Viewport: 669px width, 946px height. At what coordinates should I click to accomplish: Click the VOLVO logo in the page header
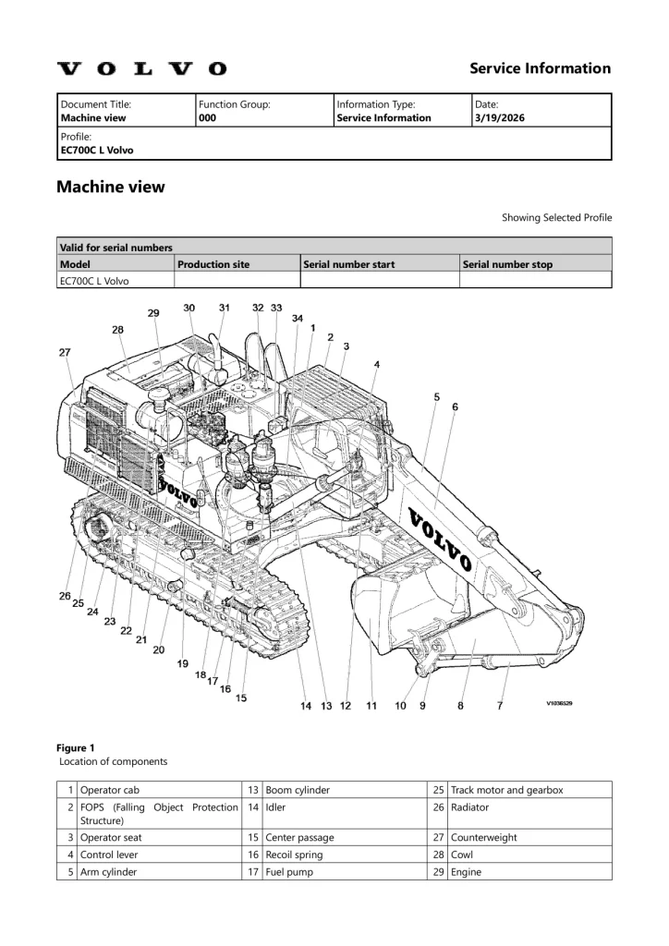(141, 68)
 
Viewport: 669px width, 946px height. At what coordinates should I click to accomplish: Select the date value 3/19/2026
(497, 118)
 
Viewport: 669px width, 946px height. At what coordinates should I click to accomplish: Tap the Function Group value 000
(207, 118)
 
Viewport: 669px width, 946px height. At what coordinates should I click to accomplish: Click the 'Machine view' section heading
(111, 187)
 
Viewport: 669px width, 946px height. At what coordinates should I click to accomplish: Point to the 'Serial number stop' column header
(507, 264)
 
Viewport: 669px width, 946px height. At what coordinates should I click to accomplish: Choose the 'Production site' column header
(213, 264)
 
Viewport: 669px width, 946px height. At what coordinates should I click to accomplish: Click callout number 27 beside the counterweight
(65, 352)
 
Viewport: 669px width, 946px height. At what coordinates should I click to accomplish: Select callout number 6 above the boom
(455, 406)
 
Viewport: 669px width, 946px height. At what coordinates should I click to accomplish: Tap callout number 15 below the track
(241, 697)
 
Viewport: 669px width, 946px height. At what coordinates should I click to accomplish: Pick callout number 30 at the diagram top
(189, 308)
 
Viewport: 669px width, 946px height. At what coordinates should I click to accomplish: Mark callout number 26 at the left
(66, 596)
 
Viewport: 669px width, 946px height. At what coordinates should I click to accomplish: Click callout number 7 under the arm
(500, 706)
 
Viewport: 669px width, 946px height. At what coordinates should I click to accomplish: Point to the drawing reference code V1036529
(559, 704)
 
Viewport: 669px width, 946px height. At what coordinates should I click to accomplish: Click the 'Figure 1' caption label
(76, 747)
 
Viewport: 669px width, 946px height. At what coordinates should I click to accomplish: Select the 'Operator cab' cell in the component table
(110, 790)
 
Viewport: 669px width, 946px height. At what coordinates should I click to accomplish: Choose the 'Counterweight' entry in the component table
(483, 837)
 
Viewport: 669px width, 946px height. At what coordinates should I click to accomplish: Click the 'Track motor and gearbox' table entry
(506, 790)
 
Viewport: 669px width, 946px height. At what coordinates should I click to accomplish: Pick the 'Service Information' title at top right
(540, 68)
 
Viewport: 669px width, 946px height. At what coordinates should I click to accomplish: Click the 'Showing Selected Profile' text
(556, 218)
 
